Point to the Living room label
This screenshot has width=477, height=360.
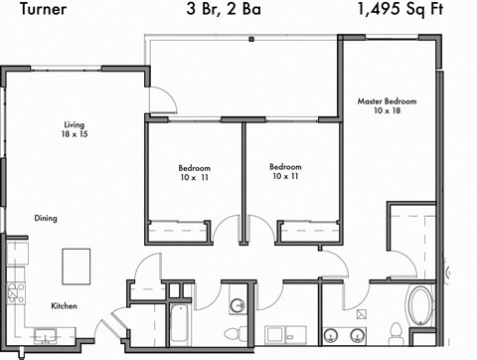click(68, 123)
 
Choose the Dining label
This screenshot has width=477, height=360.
click(47, 217)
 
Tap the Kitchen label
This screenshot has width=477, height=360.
click(64, 305)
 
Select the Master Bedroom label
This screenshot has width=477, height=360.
click(387, 101)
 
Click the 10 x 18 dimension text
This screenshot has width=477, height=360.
click(387, 112)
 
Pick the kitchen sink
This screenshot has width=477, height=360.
click(45, 333)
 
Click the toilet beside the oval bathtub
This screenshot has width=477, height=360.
click(395, 331)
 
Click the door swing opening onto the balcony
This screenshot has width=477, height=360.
click(163, 96)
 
